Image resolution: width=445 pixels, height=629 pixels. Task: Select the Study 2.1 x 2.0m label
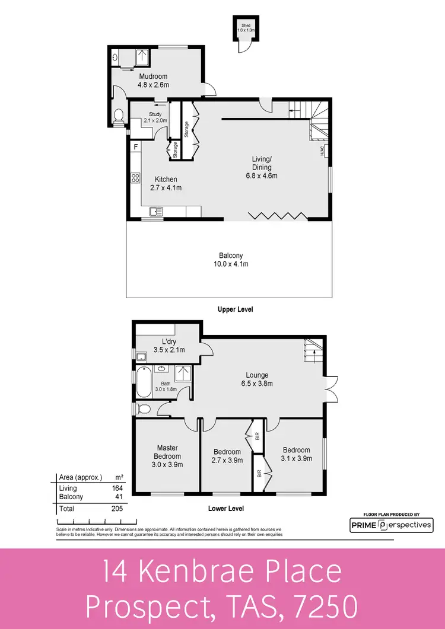[x=155, y=117]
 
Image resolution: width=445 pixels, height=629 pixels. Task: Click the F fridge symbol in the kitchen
[x=136, y=146]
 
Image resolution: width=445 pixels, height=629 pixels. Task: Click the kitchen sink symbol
[x=157, y=211]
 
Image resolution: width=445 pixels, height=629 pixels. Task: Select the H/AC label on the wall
[x=322, y=151]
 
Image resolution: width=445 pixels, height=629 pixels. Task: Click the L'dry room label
[x=169, y=346]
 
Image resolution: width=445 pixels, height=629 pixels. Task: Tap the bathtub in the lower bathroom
[x=144, y=383]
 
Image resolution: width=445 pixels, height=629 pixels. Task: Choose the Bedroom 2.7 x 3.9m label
[x=227, y=455]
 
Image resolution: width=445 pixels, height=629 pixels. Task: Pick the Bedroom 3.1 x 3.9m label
[x=296, y=454]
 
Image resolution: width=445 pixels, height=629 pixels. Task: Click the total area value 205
[x=116, y=509]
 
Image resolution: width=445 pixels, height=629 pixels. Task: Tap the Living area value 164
[x=116, y=488]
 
